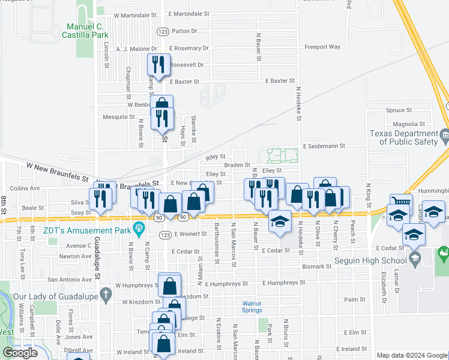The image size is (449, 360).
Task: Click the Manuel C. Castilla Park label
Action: [x=92, y=31]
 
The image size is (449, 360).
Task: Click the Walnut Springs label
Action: [x=252, y=307]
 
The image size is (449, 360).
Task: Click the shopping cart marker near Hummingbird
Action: [x=400, y=203]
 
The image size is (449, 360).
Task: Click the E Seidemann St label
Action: [x=324, y=146]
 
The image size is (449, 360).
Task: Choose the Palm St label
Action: [x=355, y=299]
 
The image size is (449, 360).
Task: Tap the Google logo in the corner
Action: [x=20, y=353]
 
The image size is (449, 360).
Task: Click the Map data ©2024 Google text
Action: [x=412, y=355]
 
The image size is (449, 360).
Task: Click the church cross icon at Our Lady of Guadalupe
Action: [x=106, y=295]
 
